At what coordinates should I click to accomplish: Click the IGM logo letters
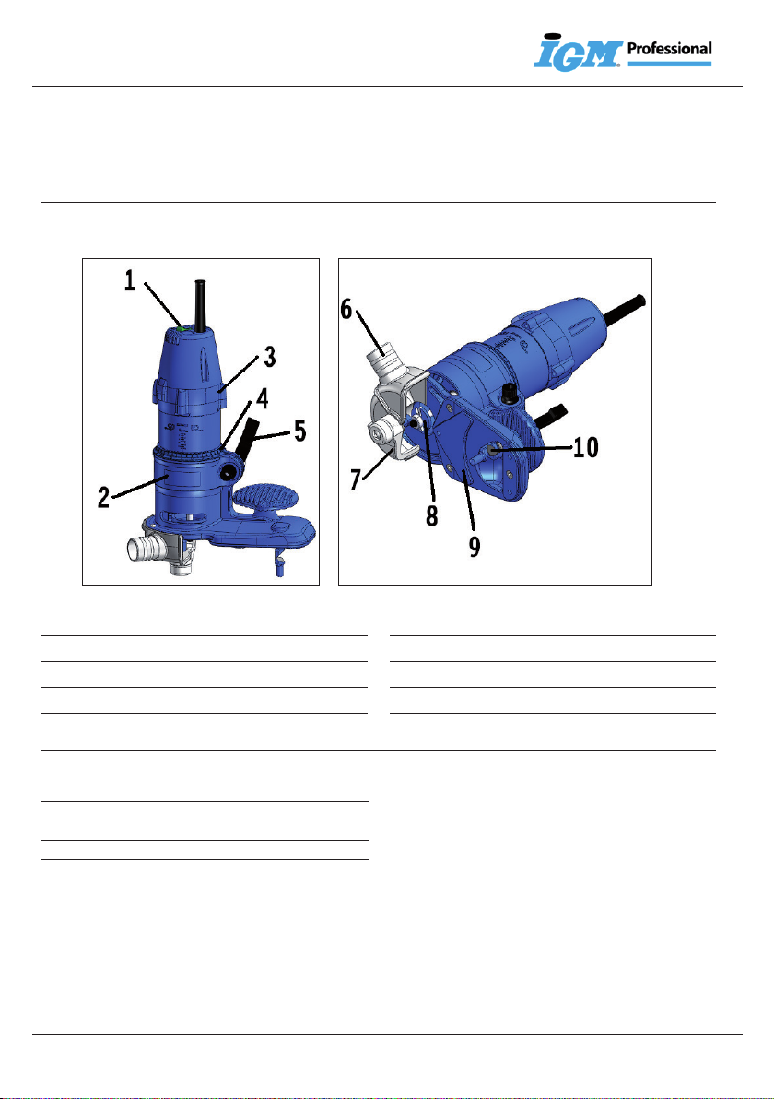coord(578,53)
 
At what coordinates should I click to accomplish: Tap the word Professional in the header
coord(669,48)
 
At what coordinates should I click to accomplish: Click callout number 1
coord(130,281)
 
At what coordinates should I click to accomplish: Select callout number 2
coord(104,497)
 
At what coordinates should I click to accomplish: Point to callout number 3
coord(270,357)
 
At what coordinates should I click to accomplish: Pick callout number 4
coord(262,399)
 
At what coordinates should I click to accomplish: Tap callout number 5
coord(299,431)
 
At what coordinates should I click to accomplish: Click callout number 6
coord(346,308)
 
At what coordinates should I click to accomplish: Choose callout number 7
coord(356,479)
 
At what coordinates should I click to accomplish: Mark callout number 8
coord(432,515)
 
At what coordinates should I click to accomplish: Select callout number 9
coord(475,546)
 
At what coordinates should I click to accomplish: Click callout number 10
coord(586,446)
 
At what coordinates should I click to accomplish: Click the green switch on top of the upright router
coord(182,325)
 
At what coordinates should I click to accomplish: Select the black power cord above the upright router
coord(200,305)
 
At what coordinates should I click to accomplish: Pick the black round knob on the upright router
coord(227,473)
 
